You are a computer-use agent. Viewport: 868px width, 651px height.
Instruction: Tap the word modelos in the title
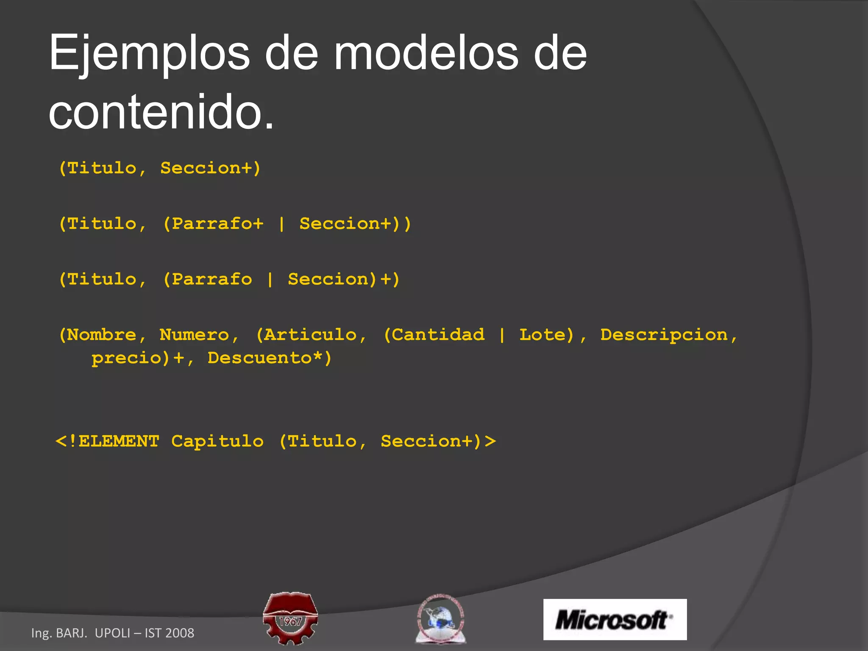pos(426,54)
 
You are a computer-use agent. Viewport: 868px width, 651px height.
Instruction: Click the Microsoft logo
pos(615,619)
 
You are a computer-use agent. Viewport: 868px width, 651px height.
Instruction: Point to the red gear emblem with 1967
pos(290,618)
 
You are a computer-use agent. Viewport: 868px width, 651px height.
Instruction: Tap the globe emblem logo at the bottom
pos(440,618)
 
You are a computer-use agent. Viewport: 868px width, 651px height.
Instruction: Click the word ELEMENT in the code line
pos(119,442)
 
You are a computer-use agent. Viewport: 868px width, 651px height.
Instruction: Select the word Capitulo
pos(217,442)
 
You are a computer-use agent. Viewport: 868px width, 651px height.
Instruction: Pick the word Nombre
pos(102,335)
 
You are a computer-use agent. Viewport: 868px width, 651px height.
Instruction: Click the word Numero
pos(195,335)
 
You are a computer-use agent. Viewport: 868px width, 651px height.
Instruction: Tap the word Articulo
pos(310,335)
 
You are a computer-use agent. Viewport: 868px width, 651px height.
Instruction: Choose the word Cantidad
pos(438,335)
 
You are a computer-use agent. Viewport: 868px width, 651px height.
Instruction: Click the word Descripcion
pos(664,335)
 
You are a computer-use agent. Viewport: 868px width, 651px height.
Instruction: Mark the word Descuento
pos(260,358)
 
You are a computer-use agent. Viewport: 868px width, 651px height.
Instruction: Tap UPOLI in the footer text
pos(112,633)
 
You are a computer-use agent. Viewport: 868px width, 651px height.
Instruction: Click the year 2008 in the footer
pos(180,633)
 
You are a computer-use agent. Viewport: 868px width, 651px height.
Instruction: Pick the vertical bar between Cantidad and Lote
pos(502,335)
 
